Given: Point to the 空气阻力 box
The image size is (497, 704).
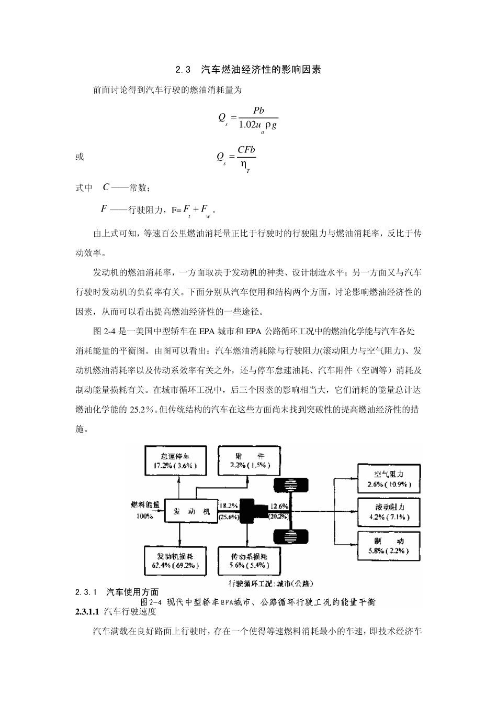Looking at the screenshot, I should coord(388,478).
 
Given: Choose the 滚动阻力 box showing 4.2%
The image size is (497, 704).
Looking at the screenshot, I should coord(388,511).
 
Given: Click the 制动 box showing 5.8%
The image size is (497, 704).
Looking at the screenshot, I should coord(388,545).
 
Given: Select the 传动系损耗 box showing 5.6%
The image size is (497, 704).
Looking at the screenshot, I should coord(250,560).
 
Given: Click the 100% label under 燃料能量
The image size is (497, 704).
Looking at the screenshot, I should coord(145,516).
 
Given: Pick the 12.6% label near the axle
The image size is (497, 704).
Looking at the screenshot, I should coord(279,505).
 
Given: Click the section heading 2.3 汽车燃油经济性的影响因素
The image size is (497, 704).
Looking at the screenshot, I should coord(248,70).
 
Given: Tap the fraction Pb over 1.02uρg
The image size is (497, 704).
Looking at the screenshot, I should coord(258,118).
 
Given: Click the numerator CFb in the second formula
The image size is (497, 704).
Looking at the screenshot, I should coord(246,150).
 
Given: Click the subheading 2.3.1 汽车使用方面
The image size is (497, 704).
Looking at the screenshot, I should coord(117,592).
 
